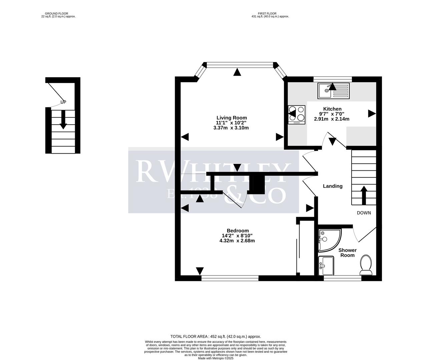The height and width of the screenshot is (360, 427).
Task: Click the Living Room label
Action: [x=232, y=118]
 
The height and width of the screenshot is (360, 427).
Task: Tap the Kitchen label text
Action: [x=332, y=109]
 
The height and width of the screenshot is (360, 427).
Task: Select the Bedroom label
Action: [x=238, y=231]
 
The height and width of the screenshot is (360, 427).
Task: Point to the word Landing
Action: [x=333, y=186]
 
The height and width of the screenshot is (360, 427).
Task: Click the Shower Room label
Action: [x=348, y=253]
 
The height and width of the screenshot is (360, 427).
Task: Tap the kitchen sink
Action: [x=333, y=91]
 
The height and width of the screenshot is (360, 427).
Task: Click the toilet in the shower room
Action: [x=366, y=265]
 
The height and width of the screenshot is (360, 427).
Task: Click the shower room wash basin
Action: [x=326, y=266]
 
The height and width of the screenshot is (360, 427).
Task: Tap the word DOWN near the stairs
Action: [x=364, y=213]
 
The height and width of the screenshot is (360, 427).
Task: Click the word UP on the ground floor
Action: [x=63, y=102]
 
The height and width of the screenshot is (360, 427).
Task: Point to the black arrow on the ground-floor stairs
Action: [x=63, y=119]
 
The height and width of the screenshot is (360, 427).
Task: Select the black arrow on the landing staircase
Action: [x=364, y=195]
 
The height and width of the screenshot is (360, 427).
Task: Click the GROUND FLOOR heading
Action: [x=56, y=14]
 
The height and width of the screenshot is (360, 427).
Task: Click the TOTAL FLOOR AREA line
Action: [x=216, y=337]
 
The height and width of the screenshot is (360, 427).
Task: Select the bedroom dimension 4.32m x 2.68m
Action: [x=237, y=241]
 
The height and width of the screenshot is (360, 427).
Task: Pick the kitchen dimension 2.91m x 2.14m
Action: [x=332, y=119]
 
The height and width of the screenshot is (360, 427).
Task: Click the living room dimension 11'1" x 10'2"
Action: [x=232, y=123]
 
